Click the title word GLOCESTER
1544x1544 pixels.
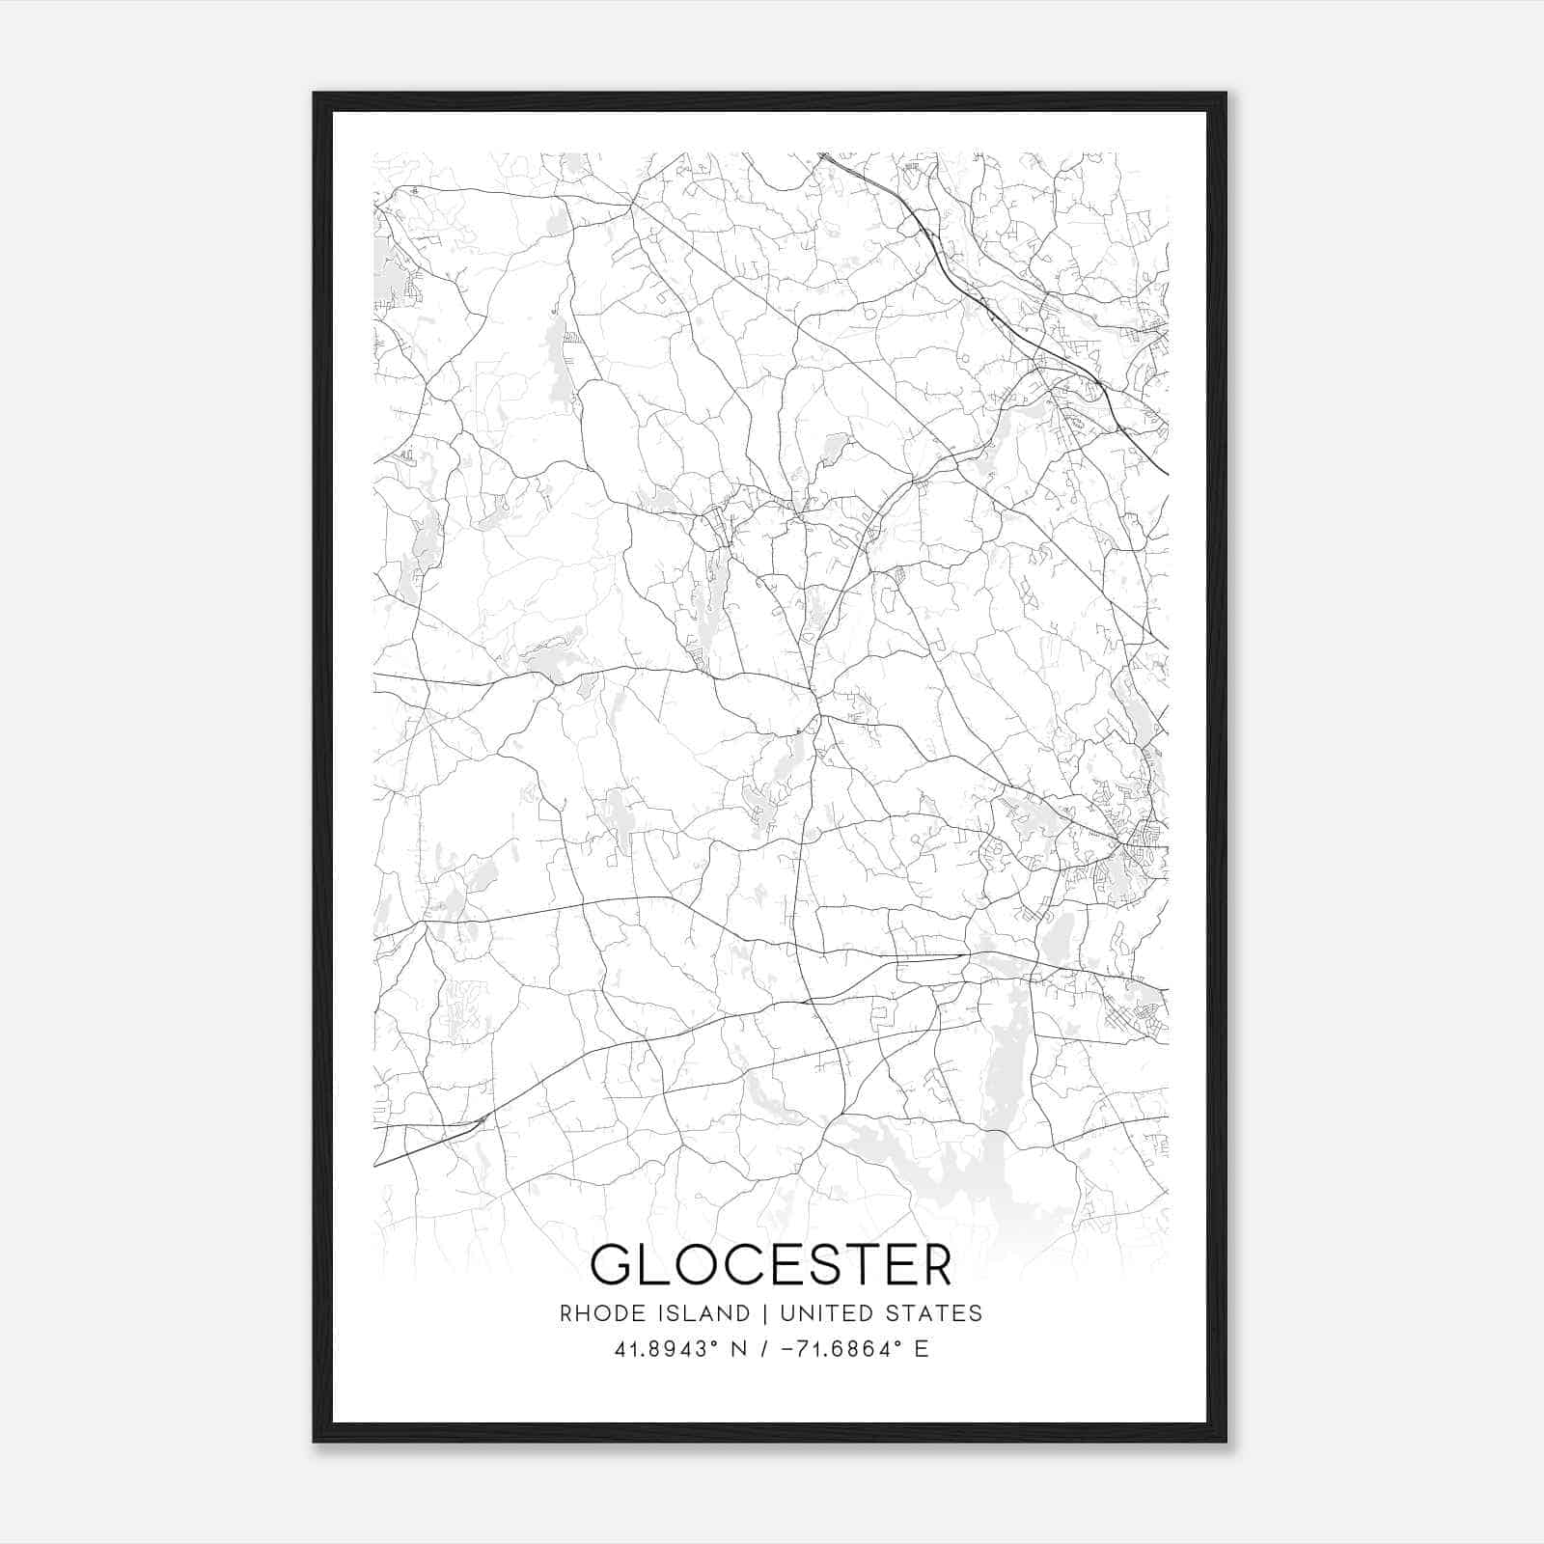tap(771, 1264)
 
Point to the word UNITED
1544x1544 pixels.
tap(819, 1313)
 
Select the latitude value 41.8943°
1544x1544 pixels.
tap(665, 1349)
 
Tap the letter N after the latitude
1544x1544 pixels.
tap(740, 1349)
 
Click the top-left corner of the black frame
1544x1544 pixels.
tap(315, 94)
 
